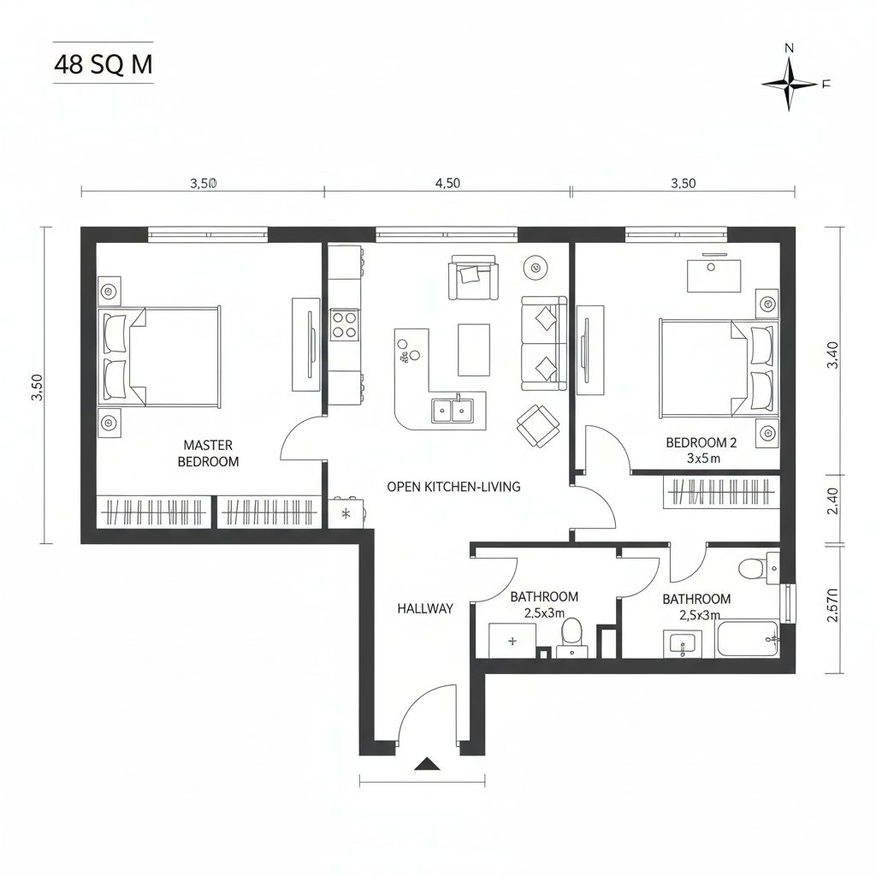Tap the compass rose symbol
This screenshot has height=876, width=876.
coord(790,83)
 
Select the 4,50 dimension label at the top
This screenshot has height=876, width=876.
coord(447,182)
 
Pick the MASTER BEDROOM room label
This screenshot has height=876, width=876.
coord(208,453)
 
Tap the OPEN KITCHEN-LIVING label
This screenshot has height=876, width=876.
coord(453,487)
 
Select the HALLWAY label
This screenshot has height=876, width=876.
coord(425,609)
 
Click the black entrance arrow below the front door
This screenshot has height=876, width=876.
coord(426,764)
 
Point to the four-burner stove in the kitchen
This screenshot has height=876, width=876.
coord(345,325)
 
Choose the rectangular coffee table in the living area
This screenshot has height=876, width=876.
coord(474,349)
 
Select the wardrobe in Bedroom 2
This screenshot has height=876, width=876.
coord(722,492)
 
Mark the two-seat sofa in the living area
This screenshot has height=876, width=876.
coord(543,343)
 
